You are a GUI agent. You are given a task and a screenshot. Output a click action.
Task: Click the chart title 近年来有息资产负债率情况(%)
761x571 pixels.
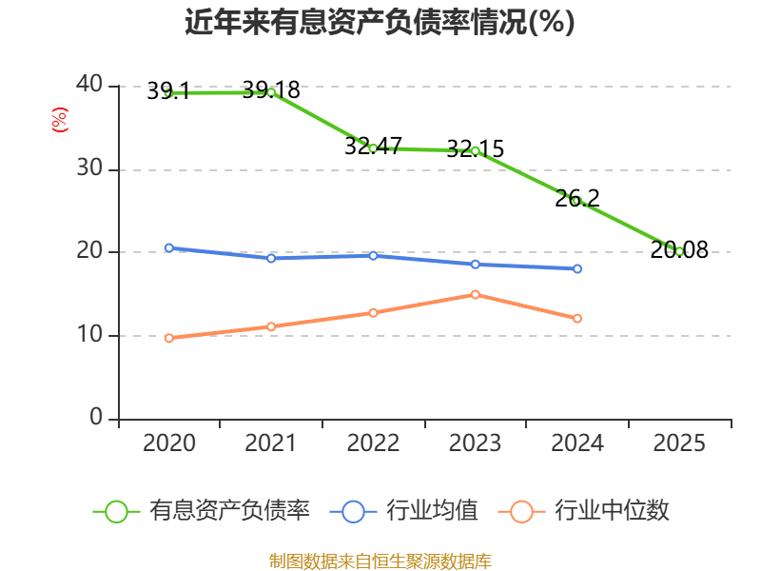pos(380,23)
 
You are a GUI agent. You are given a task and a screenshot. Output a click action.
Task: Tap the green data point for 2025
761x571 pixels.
pos(679,251)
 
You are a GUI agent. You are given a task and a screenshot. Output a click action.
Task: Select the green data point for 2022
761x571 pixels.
pos(373,148)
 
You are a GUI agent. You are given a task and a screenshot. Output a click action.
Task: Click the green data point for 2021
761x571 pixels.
pos(271,92)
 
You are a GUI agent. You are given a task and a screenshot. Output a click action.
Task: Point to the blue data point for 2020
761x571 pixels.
pos(169,247)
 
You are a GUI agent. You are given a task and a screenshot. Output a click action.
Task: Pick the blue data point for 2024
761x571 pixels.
pos(577,269)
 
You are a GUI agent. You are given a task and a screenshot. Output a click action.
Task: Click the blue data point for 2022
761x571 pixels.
pos(373,255)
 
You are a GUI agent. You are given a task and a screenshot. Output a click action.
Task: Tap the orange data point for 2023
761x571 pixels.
pos(475,294)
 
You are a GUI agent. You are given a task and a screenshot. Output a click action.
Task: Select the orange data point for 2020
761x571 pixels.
pos(169,338)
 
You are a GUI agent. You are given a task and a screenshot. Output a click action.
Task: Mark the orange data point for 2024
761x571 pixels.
pos(577,318)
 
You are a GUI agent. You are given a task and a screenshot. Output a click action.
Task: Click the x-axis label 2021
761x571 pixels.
pos(271,443)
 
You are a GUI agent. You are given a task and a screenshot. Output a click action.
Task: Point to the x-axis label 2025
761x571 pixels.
pos(679,443)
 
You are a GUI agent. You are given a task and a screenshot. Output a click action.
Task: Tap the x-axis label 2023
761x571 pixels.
pos(475,443)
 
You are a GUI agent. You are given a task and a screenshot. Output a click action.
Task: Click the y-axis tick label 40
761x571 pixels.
pos(89,85)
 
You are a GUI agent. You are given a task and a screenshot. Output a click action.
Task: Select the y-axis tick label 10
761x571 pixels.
pos(89,335)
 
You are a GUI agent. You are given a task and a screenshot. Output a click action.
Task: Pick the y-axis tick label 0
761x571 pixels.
pos(97,418)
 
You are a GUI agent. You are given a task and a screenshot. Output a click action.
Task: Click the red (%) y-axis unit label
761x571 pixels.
pos(59,121)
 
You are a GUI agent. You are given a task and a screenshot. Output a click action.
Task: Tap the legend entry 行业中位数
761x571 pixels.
pos(613,511)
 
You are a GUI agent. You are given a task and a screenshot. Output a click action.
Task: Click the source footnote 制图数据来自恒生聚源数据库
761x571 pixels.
pos(380,561)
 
